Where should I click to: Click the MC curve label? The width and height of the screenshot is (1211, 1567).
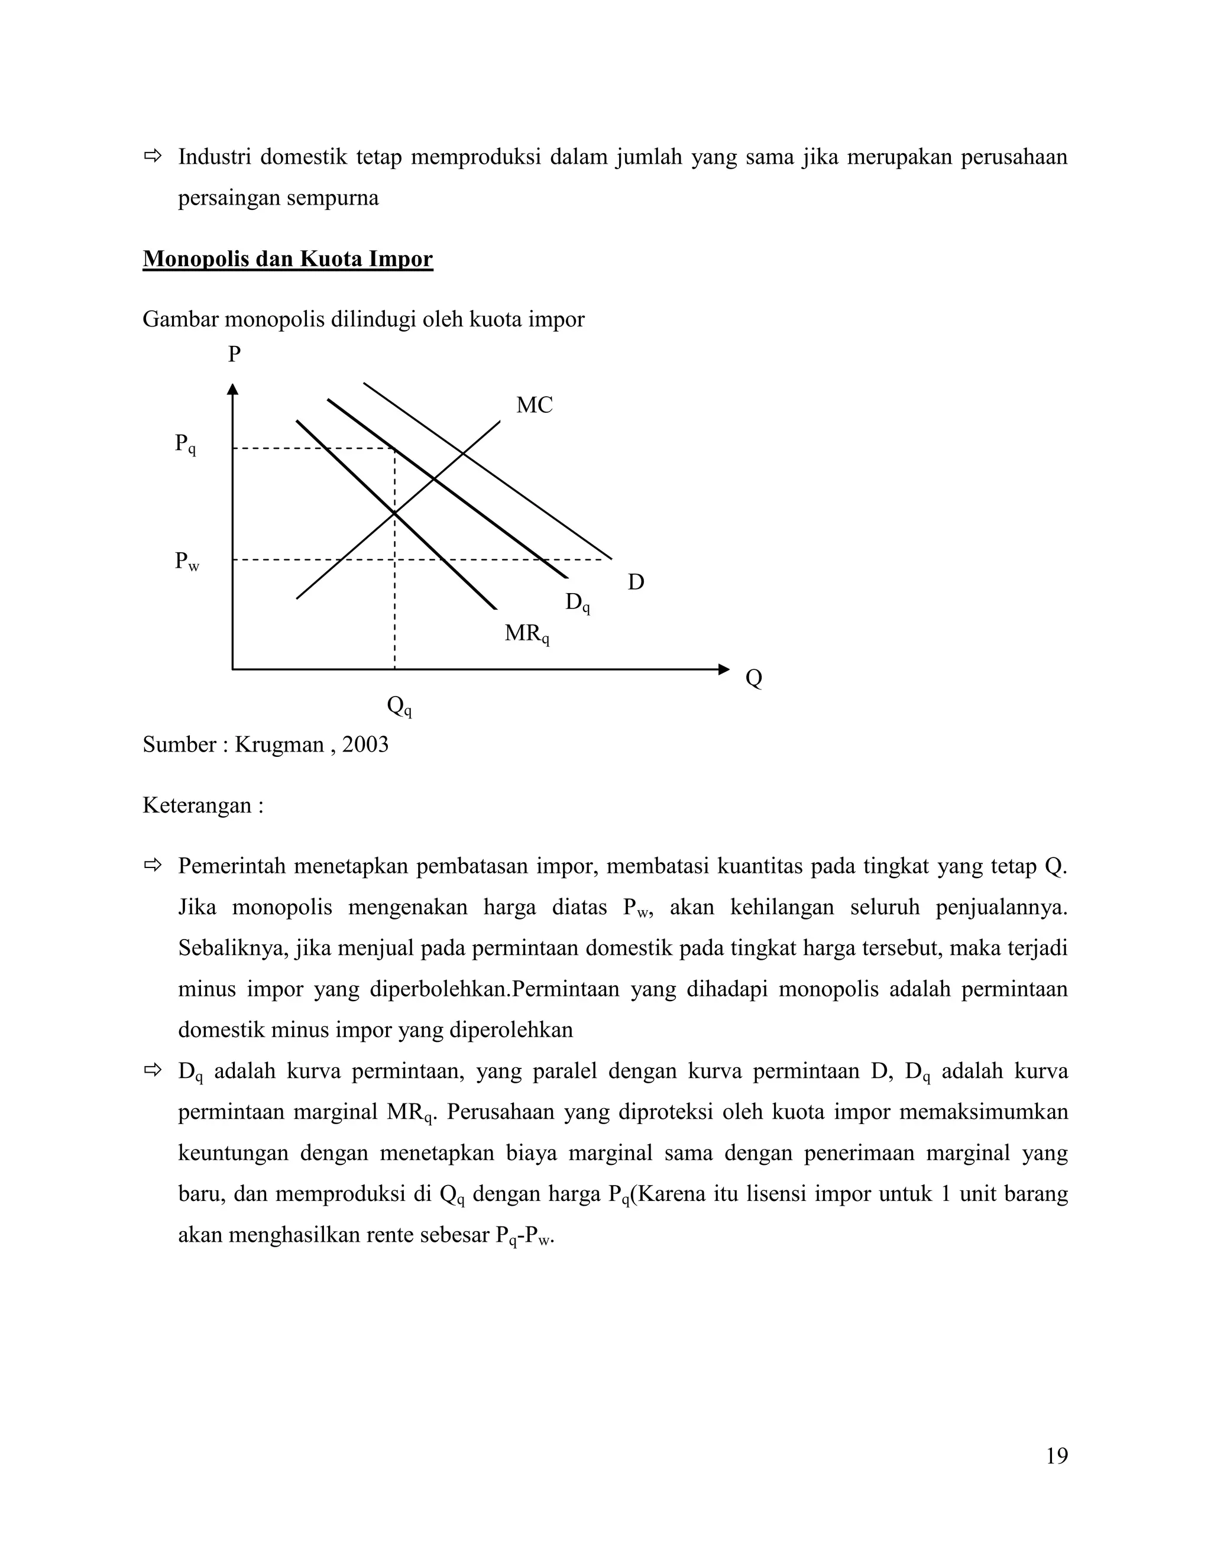[534, 406]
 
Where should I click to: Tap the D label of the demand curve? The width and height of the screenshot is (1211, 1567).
[636, 582]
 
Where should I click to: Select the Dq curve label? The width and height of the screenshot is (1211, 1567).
[577, 603]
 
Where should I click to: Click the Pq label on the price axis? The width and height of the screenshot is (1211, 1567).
[185, 444]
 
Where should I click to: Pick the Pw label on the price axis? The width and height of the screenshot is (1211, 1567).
[186, 561]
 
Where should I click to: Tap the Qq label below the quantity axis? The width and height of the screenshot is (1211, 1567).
[399, 707]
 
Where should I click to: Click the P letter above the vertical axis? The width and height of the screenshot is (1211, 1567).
[234, 354]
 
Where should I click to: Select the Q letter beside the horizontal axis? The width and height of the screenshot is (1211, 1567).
[753, 678]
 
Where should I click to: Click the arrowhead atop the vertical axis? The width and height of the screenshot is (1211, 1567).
[232, 389]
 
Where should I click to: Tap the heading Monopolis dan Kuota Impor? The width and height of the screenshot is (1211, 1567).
[288, 259]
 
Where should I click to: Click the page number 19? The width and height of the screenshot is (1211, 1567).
[1056, 1456]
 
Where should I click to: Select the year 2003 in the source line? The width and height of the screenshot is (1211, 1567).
[365, 744]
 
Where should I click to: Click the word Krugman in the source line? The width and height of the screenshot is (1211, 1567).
[279, 744]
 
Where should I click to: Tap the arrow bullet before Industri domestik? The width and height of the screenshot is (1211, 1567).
[153, 156]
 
